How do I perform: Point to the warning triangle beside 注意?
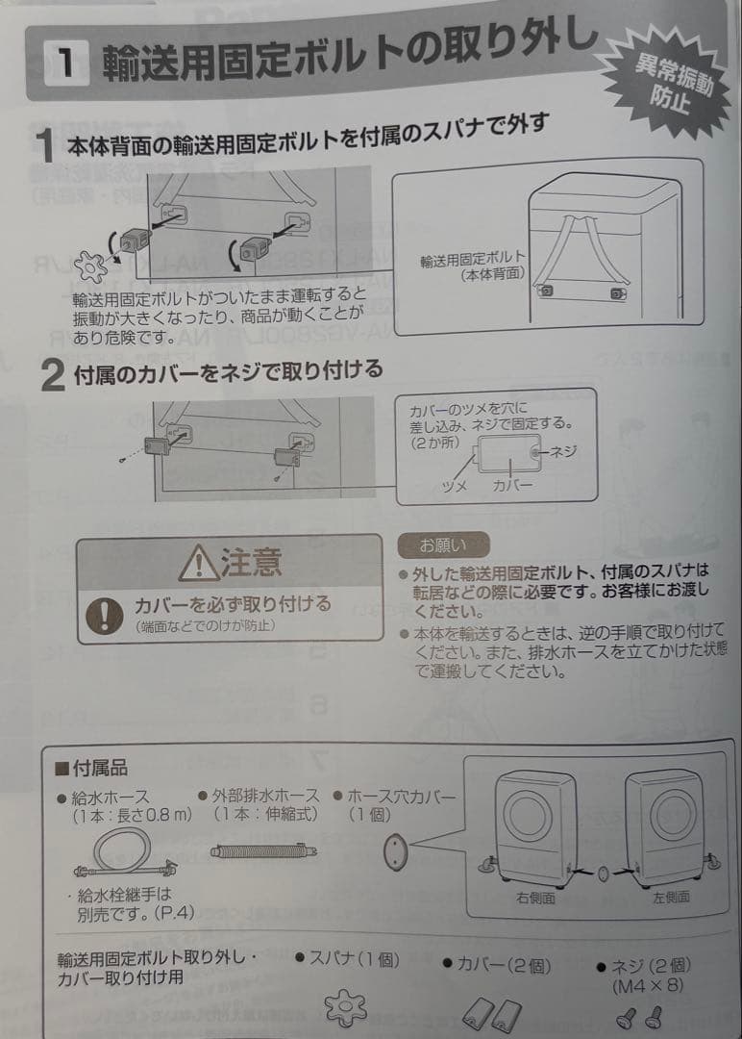coord(199,562)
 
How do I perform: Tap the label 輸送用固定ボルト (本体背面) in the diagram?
coord(473,266)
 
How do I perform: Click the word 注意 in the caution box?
coord(251,562)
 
